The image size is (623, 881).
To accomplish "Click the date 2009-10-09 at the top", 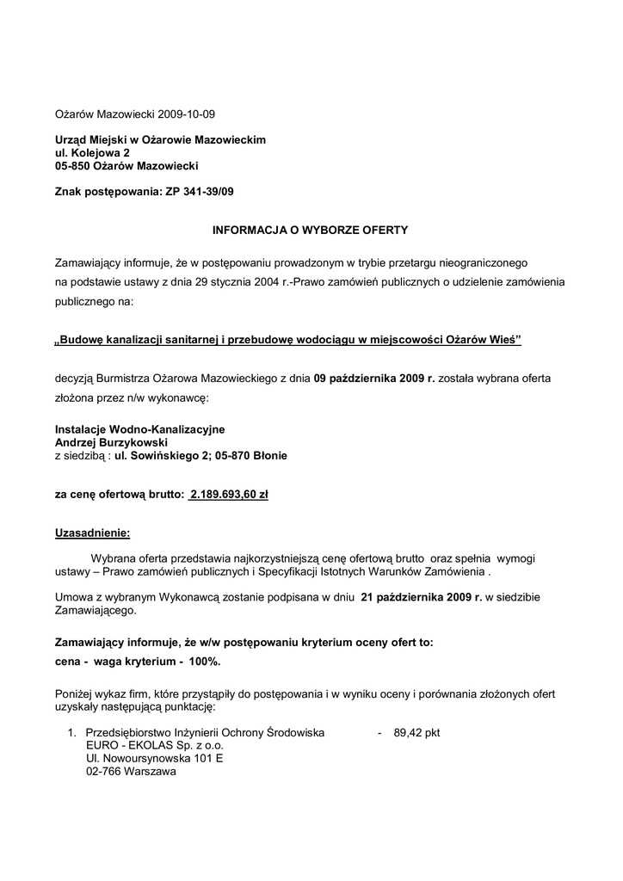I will tap(187, 113).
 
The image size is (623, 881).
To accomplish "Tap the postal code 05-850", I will tap(74, 165).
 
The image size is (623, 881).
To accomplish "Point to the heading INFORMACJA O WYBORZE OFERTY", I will tap(311, 231).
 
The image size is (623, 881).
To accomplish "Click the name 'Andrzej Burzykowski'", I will tap(111, 441).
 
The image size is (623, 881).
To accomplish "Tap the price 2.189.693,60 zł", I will tap(229, 495).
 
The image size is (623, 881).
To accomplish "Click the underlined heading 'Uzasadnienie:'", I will tap(93, 533).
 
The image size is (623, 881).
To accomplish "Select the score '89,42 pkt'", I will tap(416, 733).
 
